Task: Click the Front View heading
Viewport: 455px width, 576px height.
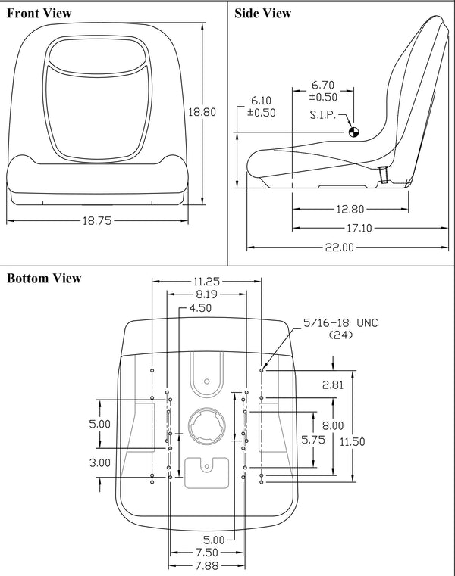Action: tap(39, 13)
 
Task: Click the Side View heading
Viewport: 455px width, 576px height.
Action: tap(262, 13)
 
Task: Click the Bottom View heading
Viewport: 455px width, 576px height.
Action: tap(44, 278)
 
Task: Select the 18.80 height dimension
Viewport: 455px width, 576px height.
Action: tap(202, 111)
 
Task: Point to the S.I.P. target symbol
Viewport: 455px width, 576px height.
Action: tap(353, 132)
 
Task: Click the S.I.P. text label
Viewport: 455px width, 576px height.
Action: tap(327, 115)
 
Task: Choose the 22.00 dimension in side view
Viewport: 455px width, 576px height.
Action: tap(339, 247)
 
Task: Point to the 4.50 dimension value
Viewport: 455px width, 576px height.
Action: tap(200, 308)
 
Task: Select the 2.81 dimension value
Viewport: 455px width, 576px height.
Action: tap(332, 385)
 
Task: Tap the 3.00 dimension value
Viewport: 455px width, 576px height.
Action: tap(100, 462)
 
